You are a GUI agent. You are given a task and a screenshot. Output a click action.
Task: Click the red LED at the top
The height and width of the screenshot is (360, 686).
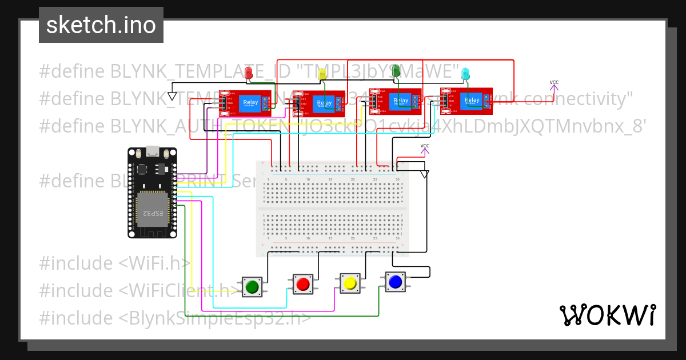click(x=249, y=73)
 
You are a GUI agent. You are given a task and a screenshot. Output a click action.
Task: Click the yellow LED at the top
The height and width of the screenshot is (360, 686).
click(x=322, y=73)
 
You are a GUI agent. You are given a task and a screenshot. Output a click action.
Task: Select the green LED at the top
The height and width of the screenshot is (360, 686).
click(x=396, y=70)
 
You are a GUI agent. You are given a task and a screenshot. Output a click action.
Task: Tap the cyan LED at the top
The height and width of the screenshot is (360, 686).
click(x=466, y=73)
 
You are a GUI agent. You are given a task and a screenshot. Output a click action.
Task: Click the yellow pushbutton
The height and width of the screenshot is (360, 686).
click(x=350, y=283)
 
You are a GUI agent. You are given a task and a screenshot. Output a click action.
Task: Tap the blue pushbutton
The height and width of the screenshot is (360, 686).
click(x=395, y=282)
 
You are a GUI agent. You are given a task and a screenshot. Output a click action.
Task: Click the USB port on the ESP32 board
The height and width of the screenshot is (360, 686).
click(x=153, y=152)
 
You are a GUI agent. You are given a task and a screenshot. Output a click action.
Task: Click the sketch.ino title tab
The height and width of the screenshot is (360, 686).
click(x=101, y=25)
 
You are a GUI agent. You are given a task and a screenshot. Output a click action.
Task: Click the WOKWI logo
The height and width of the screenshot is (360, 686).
click(x=607, y=315)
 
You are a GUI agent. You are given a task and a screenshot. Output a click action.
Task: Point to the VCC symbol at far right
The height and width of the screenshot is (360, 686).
click(x=554, y=85)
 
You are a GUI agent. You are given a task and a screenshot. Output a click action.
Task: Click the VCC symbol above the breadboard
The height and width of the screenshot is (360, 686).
click(x=425, y=149)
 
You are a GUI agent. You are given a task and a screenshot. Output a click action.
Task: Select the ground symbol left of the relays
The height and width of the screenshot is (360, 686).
click(x=173, y=95)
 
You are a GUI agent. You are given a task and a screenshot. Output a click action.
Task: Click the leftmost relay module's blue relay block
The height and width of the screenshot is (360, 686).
click(x=250, y=102)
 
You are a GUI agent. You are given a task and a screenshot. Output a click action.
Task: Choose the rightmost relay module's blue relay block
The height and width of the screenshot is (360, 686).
click(x=472, y=101)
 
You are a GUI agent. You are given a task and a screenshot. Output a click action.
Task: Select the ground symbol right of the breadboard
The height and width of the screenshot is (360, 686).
click(x=424, y=174)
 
